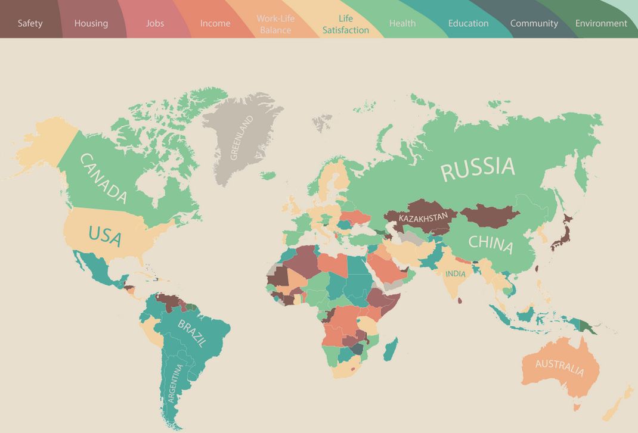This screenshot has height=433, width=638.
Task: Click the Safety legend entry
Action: pos(30,24)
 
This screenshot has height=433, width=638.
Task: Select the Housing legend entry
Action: pos(91,24)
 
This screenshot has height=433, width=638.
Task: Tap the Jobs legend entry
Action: pos(155,24)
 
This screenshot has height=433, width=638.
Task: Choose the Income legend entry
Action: pos(215,24)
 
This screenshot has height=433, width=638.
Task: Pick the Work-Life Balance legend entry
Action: pos(275,24)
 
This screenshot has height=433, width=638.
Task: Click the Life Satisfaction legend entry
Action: pos(346,24)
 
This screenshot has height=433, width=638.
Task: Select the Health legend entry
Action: pos(402,24)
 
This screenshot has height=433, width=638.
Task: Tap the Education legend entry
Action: pos(468,24)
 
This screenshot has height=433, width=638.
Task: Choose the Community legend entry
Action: pos(534,24)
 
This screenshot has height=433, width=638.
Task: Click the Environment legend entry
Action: pos(601,24)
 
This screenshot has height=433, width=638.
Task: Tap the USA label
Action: pos(105,235)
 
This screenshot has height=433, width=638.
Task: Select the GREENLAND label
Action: pos(241,138)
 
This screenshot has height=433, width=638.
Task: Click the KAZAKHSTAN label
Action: pos(423,219)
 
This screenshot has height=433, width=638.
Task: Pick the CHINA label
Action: pos(490,243)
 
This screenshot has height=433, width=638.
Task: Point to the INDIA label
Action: pos(455,274)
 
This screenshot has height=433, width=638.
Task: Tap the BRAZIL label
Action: pos(192,333)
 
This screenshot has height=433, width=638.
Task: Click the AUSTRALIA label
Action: pos(559,367)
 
